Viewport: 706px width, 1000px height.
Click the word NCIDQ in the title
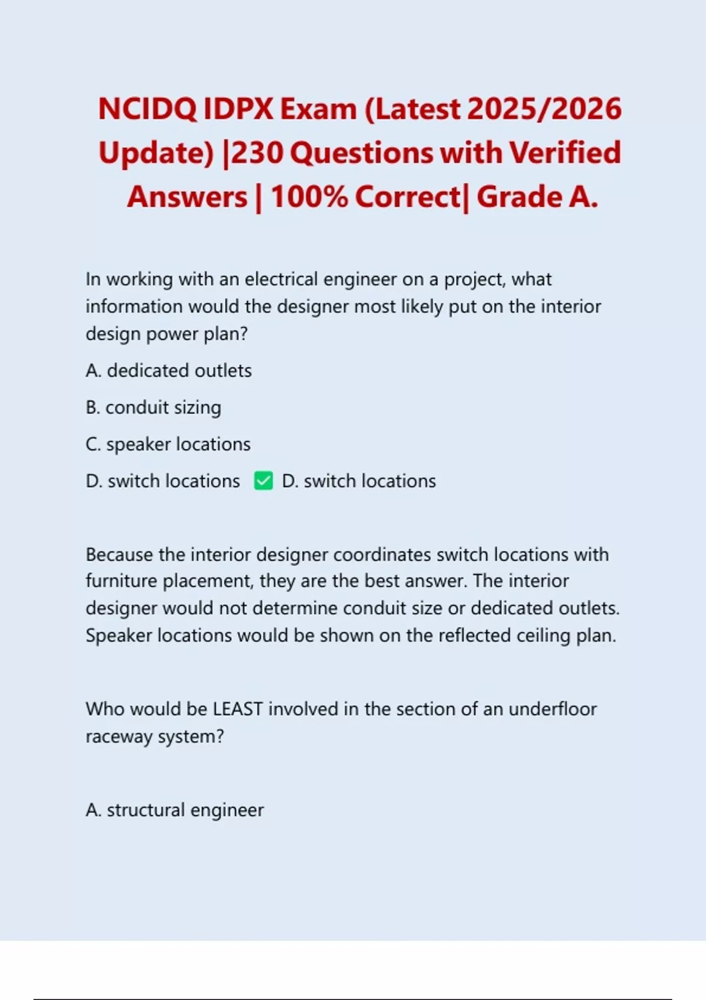(x=146, y=109)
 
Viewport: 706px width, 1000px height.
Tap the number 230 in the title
(x=257, y=153)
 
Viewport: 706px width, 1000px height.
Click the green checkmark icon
(x=263, y=481)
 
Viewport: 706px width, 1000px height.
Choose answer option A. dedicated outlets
(x=168, y=371)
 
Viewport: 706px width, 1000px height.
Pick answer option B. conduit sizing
(x=153, y=408)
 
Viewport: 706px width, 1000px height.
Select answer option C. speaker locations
(x=168, y=444)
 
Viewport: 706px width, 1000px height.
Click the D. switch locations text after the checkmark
(x=359, y=481)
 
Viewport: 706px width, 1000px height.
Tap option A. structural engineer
(x=174, y=810)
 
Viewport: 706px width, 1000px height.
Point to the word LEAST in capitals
(x=238, y=709)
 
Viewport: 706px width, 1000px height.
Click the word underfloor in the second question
(x=552, y=709)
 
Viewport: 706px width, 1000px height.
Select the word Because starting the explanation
(x=120, y=555)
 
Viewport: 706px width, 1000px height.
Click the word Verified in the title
(x=565, y=153)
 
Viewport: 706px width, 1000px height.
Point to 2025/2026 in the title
(x=545, y=109)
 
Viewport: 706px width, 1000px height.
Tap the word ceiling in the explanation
(x=543, y=636)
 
